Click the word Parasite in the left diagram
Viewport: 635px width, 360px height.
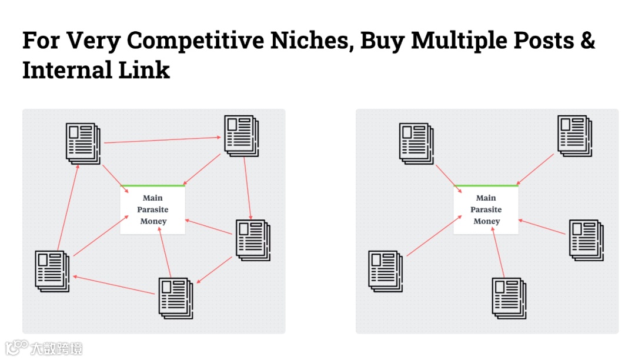[153, 209]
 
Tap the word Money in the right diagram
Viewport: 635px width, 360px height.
[486, 221]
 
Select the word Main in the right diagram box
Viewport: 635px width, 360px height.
[486, 198]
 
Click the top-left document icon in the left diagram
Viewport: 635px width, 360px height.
[83, 142]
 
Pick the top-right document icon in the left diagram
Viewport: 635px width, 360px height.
[241, 135]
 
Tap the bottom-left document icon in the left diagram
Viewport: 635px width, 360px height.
[52, 271]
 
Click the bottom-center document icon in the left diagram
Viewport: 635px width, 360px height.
[175, 297]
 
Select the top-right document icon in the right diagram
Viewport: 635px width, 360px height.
[574, 136]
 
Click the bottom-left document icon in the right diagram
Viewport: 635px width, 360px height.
[385, 270]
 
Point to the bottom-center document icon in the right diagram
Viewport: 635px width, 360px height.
[509, 297]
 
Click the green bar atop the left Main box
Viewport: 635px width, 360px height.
[153, 186]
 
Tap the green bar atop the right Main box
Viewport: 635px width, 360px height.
[486, 186]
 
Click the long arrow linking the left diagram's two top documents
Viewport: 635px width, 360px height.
[162, 140]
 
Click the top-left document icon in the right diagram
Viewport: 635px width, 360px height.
[416, 142]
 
